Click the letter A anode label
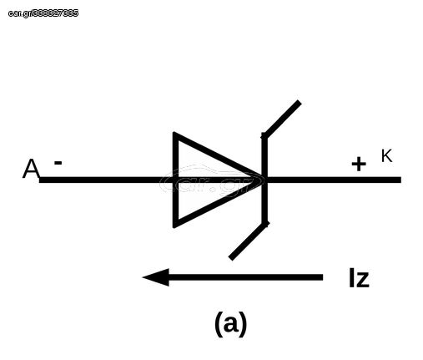[x=31, y=169]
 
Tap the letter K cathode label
[x=386, y=156]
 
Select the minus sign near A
[x=58, y=163]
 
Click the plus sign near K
[x=359, y=164]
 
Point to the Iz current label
[x=359, y=277]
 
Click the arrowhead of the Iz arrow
[x=156, y=277]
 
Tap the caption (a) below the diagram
[x=230, y=324]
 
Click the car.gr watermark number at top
[x=43, y=13]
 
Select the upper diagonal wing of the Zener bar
[x=281, y=119]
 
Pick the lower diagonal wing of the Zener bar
[x=249, y=241]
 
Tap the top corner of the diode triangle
[x=174, y=134]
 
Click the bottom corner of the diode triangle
[x=174, y=226]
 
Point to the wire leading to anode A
[x=106, y=180]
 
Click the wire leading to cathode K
[x=335, y=180]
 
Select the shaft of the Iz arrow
[x=245, y=277]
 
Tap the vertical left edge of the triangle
[x=175, y=180]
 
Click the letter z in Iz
[x=362, y=280]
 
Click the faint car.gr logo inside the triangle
[x=212, y=180]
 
